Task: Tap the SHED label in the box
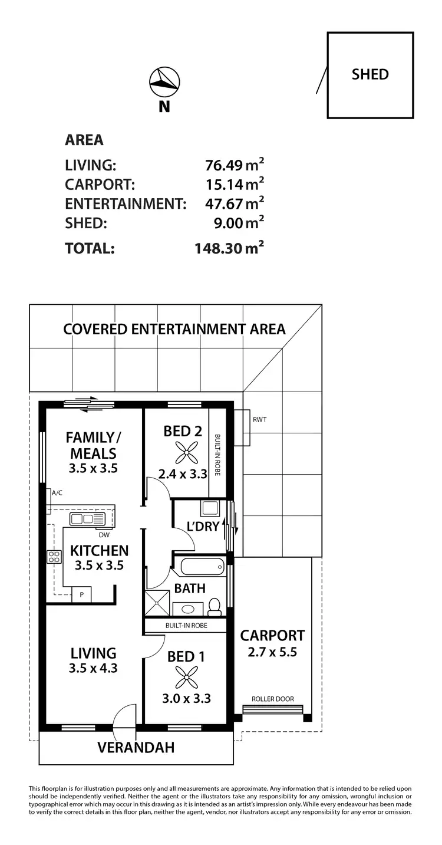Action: coord(370,74)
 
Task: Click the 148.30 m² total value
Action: coord(229,248)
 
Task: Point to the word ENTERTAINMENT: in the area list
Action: coord(126,204)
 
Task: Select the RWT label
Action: coord(259,420)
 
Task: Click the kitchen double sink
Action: coord(87,519)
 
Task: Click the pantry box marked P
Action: coord(81,595)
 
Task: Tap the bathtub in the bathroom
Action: coord(202,568)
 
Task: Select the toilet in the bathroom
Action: coord(215,606)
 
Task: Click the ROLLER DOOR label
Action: coord(272,699)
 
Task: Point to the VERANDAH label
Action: coord(136,748)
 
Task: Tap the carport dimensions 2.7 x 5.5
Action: coord(272,652)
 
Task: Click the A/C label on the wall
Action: coord(57,492)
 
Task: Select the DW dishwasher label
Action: coord(104,535)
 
